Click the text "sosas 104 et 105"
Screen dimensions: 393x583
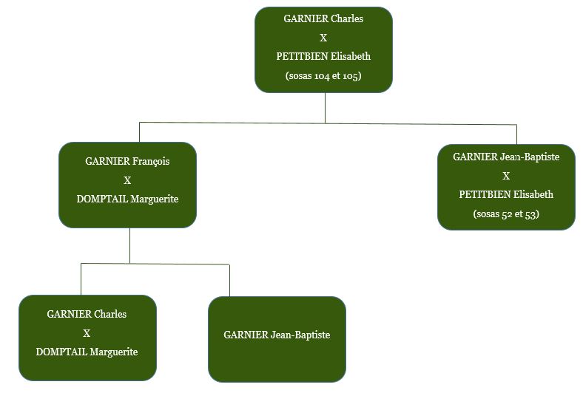pos(323,75)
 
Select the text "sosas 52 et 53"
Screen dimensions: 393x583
pos(506,214)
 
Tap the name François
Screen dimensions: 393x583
pos(151,161)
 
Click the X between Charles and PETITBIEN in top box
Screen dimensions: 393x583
pos(323,38)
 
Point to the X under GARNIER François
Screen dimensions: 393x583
pos(127,180)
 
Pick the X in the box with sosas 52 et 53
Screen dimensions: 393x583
pos(506,176)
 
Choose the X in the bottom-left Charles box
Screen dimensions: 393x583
pos(87,333)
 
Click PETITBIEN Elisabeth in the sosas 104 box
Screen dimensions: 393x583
pos(323,56)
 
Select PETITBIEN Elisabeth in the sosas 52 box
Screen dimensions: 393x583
pos(506,195)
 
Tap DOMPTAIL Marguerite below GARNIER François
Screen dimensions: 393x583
pos(127,199)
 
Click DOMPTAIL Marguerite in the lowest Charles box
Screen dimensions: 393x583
pos(87,352)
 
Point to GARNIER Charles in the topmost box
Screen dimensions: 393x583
pos(323,18)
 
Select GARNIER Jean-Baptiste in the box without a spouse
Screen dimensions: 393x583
pos(277,335)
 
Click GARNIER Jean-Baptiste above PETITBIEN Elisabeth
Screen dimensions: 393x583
pos(506,157)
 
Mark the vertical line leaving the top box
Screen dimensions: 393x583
pos(325,107)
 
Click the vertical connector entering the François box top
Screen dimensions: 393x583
pos(139,132)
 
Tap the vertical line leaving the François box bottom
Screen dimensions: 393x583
pos(129,245)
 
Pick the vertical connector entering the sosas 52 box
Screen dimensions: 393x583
pos(516,134)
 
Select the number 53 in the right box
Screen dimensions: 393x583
pos(530,214)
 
